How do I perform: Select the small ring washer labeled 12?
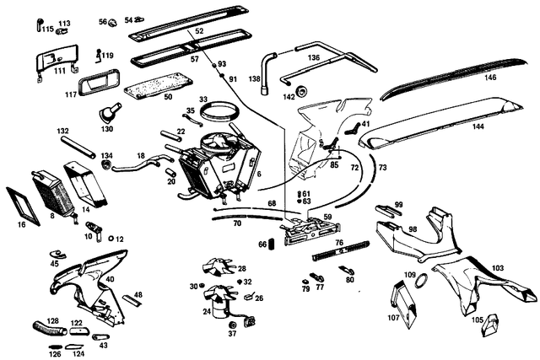pos(111,238)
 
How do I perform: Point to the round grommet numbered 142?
pos(302,90)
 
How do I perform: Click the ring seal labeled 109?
pos(422,280)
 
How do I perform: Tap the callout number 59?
pos(327,218)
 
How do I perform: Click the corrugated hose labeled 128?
pos(50,328)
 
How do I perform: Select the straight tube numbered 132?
pos(78,148)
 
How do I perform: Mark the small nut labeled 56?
pos(112,23)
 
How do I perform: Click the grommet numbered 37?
pos(233,325)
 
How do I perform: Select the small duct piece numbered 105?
pos(489,325)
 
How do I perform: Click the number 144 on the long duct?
pos(478,126)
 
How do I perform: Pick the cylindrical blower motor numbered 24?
pos(219,308)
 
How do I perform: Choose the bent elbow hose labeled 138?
pos(267,73)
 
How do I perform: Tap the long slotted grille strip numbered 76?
pos(340,250)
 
